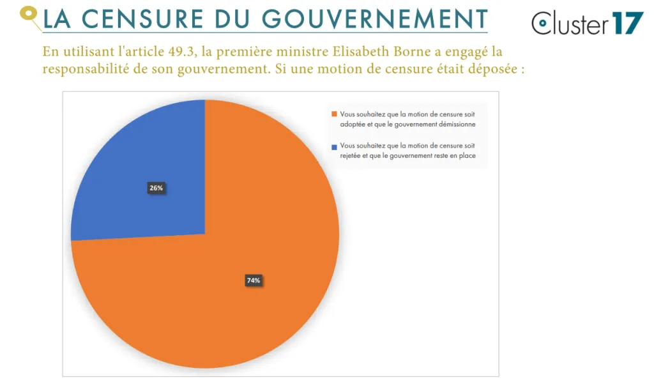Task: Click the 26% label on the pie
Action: point(156,188)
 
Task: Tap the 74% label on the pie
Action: point(254,280)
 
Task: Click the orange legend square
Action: point(334,114)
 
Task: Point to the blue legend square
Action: point(334,146)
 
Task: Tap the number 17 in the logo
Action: point(628,24)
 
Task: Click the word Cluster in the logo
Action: point(570,24)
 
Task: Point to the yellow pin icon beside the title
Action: point(29,14)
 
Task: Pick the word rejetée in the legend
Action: point(351,156)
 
